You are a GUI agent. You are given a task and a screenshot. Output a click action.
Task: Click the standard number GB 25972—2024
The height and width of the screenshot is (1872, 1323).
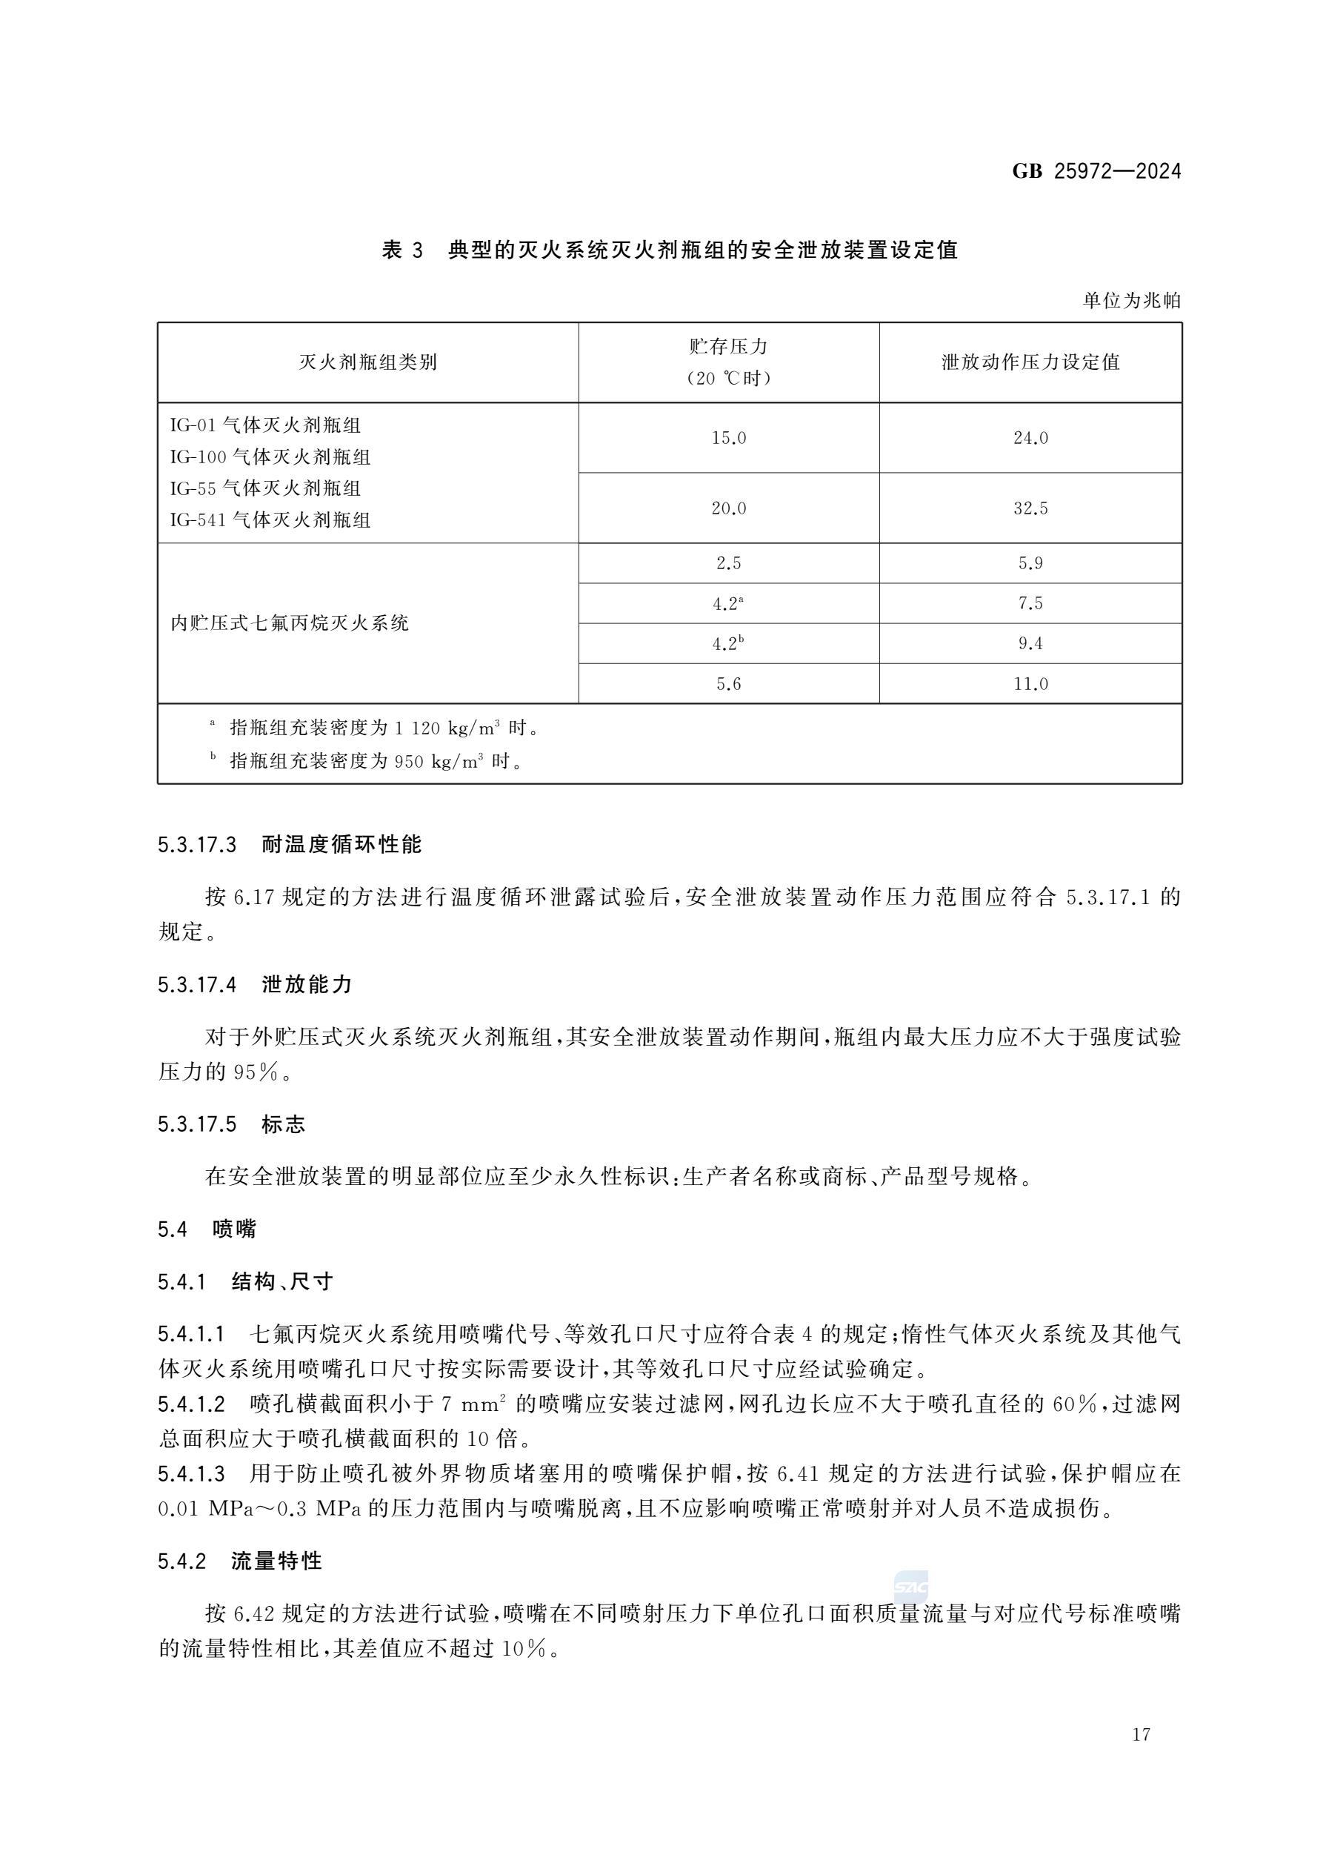(x=1096, y=171)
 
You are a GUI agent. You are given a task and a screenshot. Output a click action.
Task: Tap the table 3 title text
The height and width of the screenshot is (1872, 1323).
(x=669, y=250)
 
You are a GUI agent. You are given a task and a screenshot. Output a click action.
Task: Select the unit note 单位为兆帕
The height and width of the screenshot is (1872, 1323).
(x=1130, y=301)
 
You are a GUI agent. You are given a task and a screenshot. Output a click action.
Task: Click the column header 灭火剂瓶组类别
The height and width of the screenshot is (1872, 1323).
(x=367, y=362)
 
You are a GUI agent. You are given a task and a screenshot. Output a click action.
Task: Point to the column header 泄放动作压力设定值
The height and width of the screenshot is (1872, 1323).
(x=1030, y=362)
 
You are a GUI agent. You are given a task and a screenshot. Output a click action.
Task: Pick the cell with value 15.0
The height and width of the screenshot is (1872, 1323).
(x=729, y=438)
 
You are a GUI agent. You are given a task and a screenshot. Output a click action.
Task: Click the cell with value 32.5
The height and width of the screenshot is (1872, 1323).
(x=1030, y=508)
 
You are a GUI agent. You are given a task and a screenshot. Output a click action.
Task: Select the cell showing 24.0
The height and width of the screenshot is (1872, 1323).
(x=1030, y=438)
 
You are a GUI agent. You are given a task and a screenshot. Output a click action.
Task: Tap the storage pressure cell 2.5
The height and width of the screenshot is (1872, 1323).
(x=729, y=563)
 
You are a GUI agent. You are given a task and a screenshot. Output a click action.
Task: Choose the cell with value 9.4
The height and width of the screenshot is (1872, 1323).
(x=1030, y=643)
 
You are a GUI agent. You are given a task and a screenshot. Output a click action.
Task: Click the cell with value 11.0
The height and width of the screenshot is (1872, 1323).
(x=1030, y=683)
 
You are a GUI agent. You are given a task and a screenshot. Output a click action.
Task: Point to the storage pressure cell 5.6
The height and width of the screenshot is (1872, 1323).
(x=729, y=683)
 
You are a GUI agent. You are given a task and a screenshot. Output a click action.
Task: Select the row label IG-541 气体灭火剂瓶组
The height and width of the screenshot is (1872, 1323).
(x=270, y=520)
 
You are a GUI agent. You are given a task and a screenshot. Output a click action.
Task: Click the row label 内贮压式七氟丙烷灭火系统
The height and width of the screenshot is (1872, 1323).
(x=290, y=624)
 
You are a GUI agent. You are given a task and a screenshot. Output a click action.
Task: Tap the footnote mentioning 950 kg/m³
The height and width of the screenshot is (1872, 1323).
(x=375, y=760)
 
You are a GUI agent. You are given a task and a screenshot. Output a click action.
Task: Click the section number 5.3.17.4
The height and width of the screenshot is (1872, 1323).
(x=197, y=985)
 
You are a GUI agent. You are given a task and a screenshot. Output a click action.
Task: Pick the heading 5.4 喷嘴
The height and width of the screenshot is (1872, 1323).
(x=207, y=1229)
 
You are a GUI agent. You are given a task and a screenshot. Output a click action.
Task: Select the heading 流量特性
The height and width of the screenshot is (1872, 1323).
(x=276, y=1561)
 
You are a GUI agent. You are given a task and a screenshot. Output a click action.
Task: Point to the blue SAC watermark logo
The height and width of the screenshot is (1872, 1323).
(x=910, y=1587)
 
